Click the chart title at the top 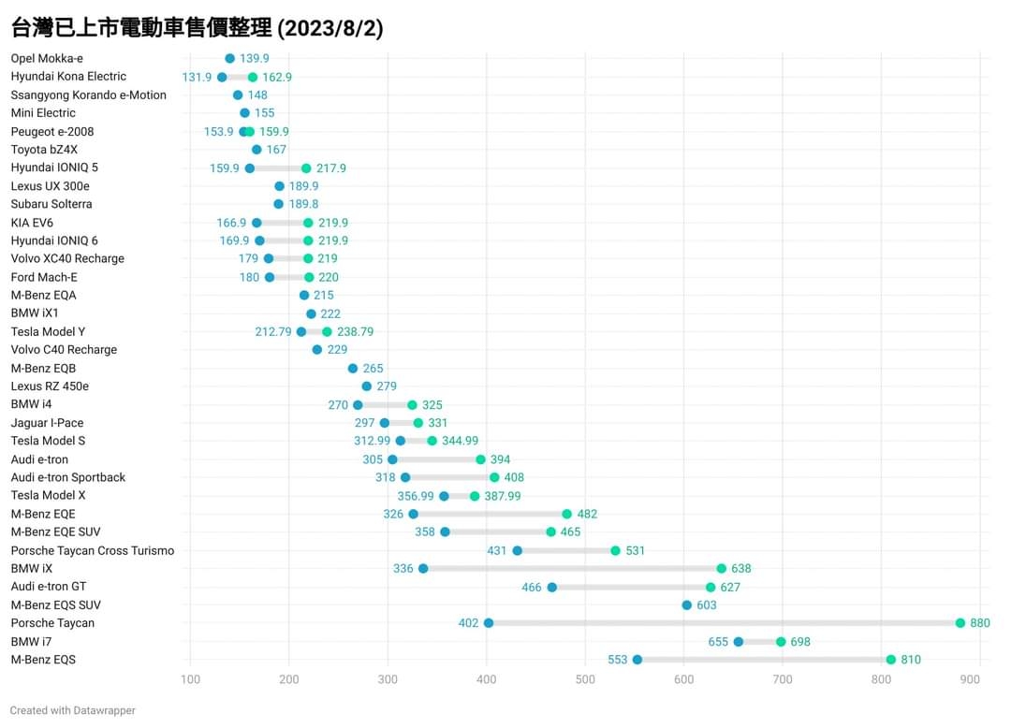pos(197,28)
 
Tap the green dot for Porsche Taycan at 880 pos(960,623)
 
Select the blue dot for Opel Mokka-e pos(230,58)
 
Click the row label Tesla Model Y pos(48,331)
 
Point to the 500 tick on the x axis pos(585,679)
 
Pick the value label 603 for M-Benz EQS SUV pos(707,605)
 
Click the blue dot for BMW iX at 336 pos(423,569)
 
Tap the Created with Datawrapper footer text pos(73,710)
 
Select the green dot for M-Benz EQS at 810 pos(890,660)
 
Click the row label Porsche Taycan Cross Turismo pos(93,550)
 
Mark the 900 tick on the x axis pos(979,679)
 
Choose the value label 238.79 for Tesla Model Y pos(355,331)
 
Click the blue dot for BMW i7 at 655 pos(738,642)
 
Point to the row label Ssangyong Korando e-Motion pos(89,95)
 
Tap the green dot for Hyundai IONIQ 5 pos(306,168)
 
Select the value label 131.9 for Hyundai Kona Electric pos(197,77)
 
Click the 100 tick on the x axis pos(191,679)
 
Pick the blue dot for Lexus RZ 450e pos(366,386)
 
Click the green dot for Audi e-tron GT pos(711,588)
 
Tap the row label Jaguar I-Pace pos(47,423)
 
